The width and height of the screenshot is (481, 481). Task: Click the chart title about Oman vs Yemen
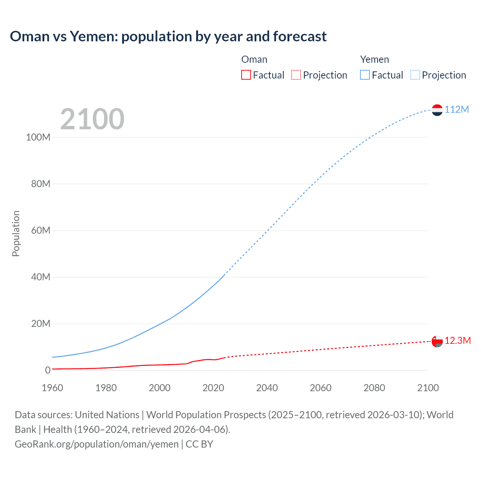pos(168,36)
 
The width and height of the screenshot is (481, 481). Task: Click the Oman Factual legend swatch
pos(246,75)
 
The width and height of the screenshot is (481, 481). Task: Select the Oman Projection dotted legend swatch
pos(296,75)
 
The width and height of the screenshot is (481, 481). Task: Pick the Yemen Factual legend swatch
pos(365,75)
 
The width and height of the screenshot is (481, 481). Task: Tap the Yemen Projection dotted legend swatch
pos(415,75)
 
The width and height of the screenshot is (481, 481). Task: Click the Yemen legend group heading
pos(374,59)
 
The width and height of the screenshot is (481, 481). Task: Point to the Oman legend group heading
pos(254,59)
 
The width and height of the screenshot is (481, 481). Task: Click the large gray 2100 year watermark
pos(92,119)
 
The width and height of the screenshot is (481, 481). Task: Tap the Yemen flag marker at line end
pos(437,110)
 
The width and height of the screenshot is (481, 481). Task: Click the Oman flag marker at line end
pos(437,341)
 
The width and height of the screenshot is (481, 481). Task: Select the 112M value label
pos(457,109)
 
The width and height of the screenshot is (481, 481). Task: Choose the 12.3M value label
pos(457,340)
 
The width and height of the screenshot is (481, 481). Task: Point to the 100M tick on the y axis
pos(38,137)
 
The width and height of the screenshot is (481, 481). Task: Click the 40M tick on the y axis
pos(41,277)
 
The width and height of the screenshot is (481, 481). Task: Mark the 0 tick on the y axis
pos(48,370)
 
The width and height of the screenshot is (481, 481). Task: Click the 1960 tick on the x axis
pos(52,388)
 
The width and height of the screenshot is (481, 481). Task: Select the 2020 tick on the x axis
pos(213,388)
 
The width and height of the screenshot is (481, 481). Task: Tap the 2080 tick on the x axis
pos(374,388)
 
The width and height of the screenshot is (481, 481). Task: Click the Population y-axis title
pos(16,233)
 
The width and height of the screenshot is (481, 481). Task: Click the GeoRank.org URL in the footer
pos(97,444)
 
